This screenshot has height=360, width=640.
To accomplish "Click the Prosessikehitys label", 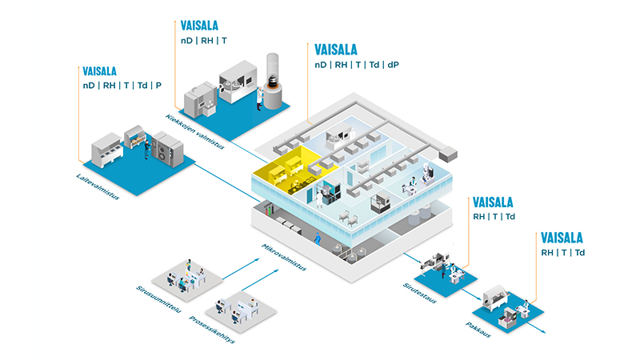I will [x=210, y=327].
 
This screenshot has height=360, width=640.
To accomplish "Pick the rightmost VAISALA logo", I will [x=562, y=238].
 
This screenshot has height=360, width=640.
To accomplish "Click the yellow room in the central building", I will [x=285, y=166].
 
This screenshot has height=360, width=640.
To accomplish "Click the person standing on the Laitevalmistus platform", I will [x=146, y=150].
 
